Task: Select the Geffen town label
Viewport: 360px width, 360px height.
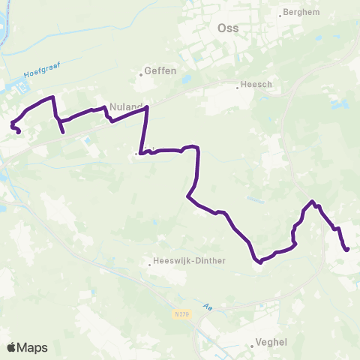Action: [160, 71]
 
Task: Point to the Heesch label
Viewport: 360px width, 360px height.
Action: [257, 85]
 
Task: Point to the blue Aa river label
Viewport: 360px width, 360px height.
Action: [208, 306]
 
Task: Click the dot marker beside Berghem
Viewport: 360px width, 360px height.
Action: [280, 13]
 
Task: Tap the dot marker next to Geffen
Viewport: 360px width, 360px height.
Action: [141, 73]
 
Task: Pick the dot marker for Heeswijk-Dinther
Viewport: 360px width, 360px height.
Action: [148, 262]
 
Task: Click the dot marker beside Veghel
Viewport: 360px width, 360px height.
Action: [252, 346]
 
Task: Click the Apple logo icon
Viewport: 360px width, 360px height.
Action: [11, 347]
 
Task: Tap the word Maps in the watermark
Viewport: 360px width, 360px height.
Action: [33, 347]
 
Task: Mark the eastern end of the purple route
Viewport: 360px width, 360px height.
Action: [348, 250]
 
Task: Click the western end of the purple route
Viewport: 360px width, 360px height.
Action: [18, 133]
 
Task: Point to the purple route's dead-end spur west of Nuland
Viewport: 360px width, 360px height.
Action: [63, 133]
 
